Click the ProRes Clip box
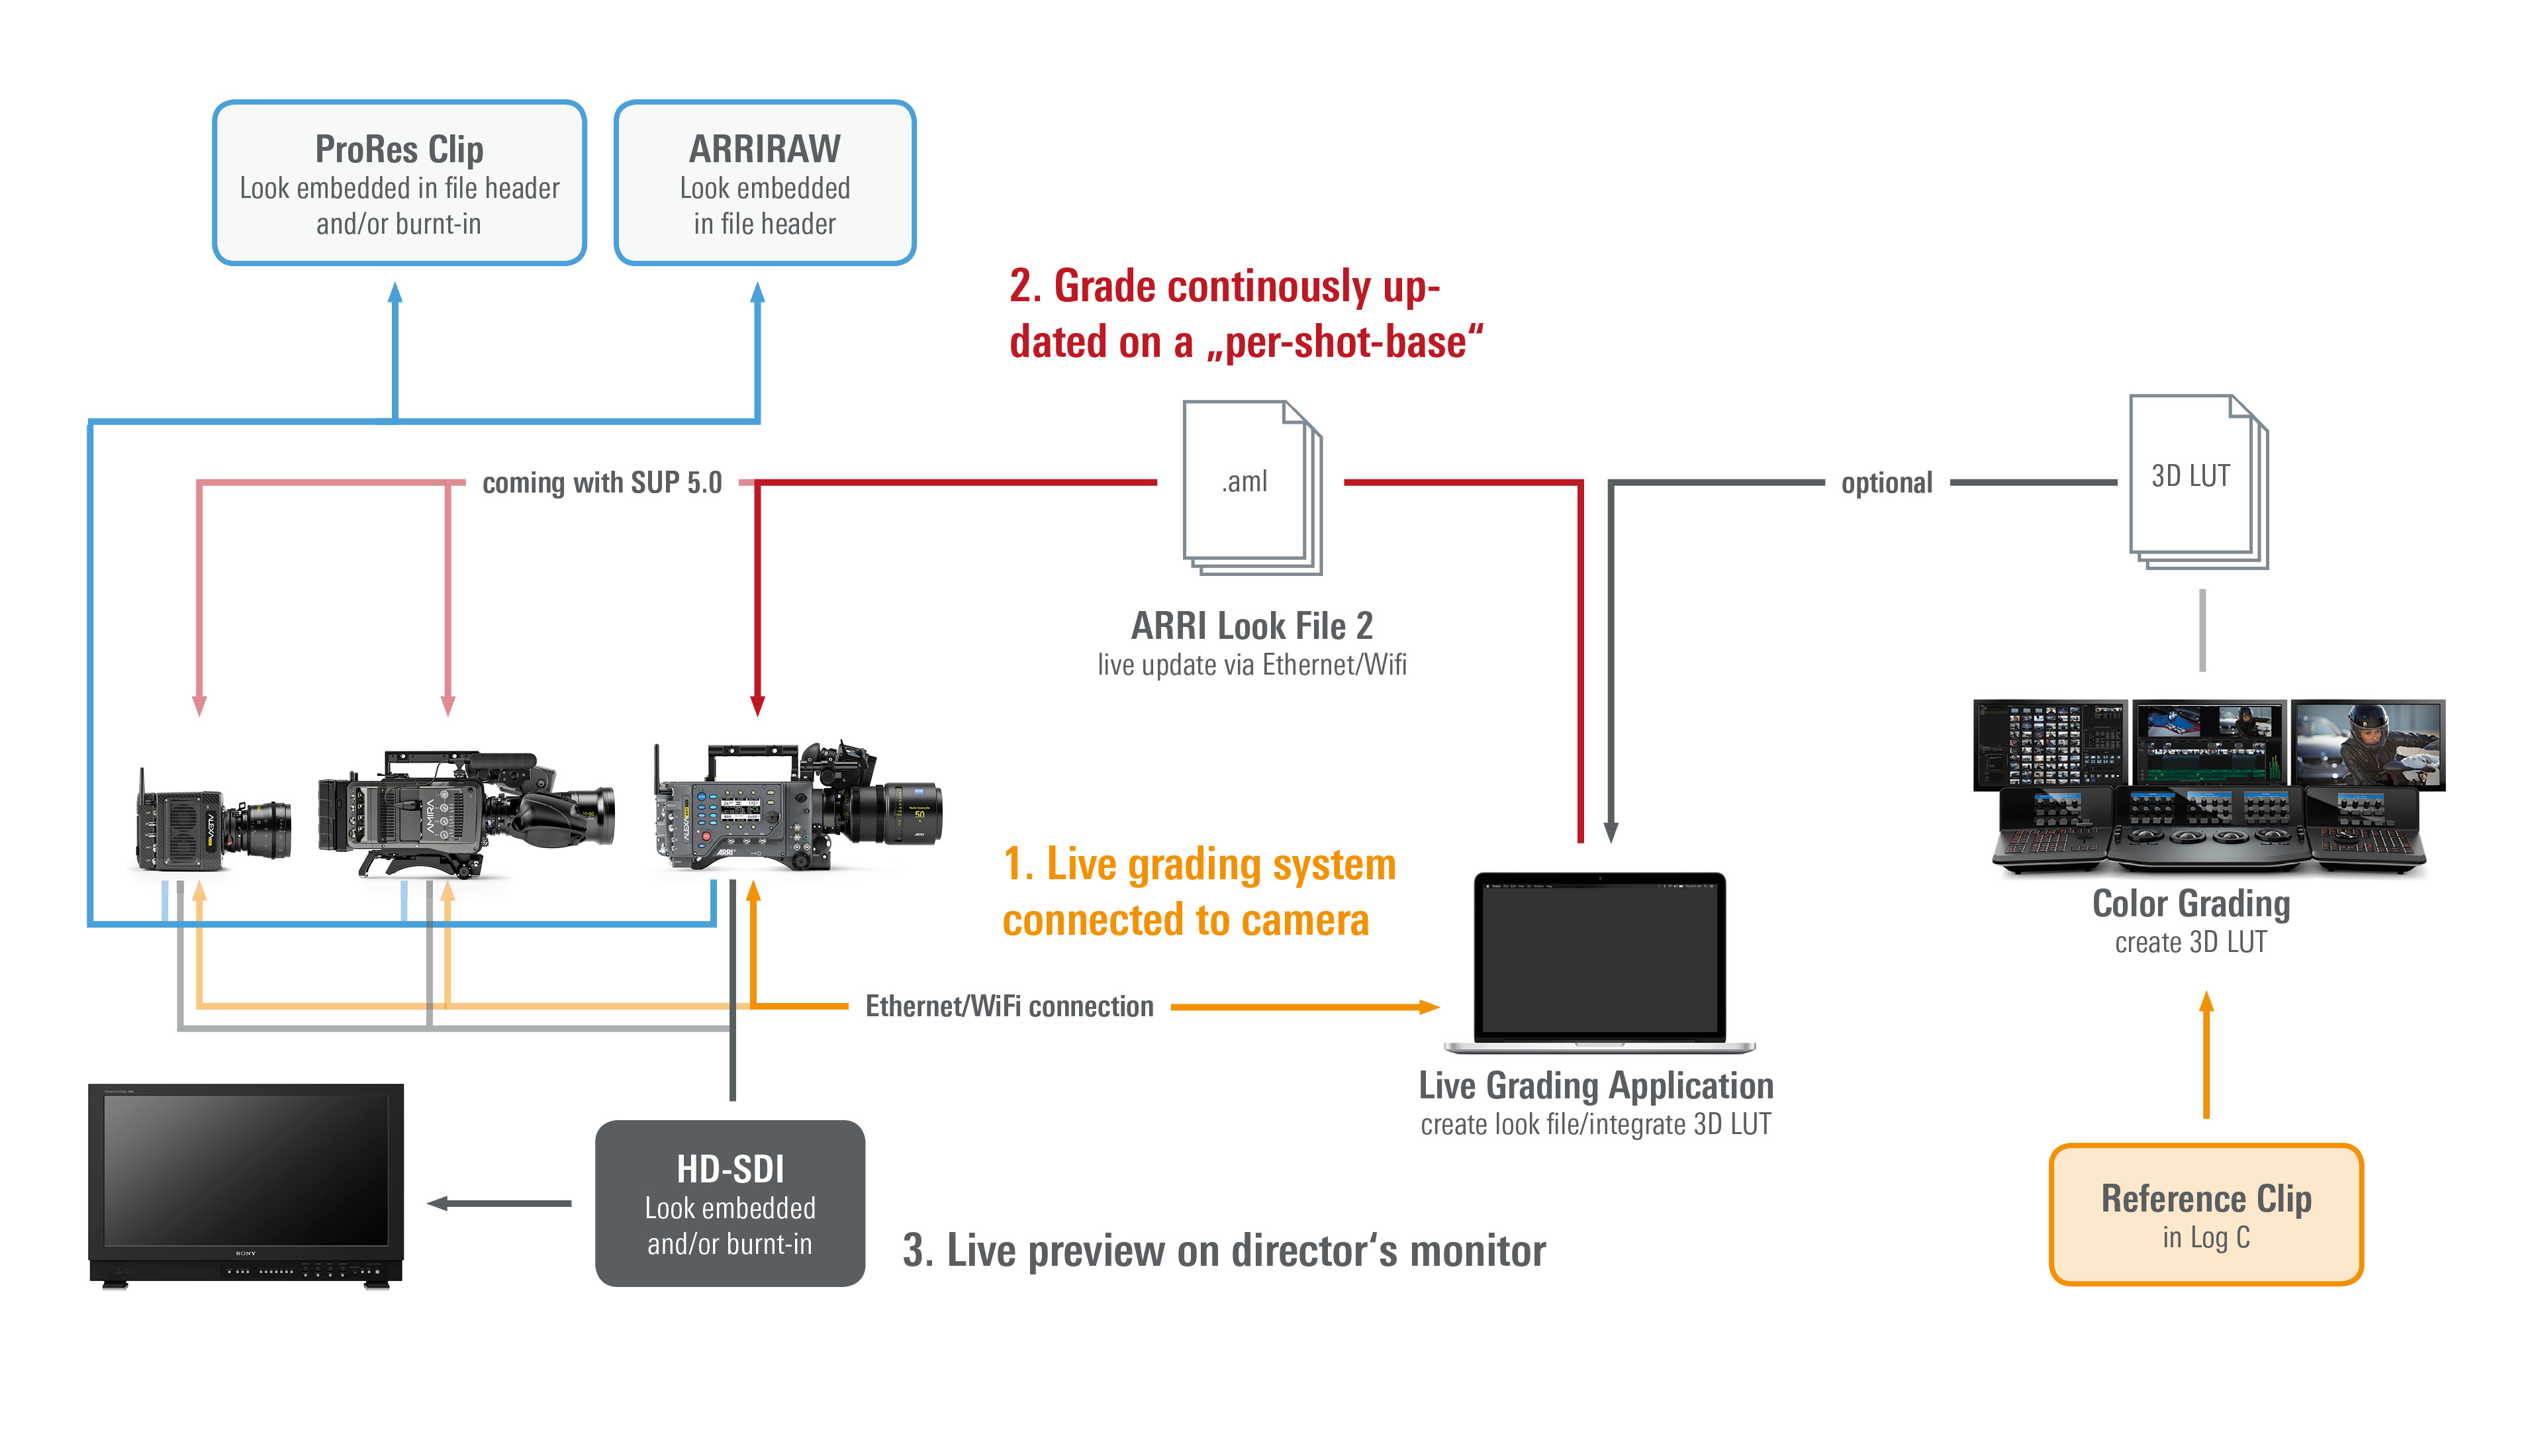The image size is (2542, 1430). click(400, 183)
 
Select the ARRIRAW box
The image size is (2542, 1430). click(765, 183)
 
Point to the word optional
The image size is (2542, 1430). click(1886, 483)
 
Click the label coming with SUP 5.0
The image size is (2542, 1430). click(602, 483)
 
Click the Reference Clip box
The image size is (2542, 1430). click(2206, 1215)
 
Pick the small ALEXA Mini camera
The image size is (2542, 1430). click(211, 819)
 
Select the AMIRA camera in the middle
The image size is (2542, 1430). click(464, 814)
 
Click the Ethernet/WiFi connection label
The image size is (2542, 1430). click(1008, 1006)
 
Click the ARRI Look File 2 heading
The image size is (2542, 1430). click(1251, 626)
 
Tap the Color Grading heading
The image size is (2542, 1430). click(2190, 904)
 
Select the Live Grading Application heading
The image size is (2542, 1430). click(1595, 1086)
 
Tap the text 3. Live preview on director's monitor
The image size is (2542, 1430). click(1223, 1251)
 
